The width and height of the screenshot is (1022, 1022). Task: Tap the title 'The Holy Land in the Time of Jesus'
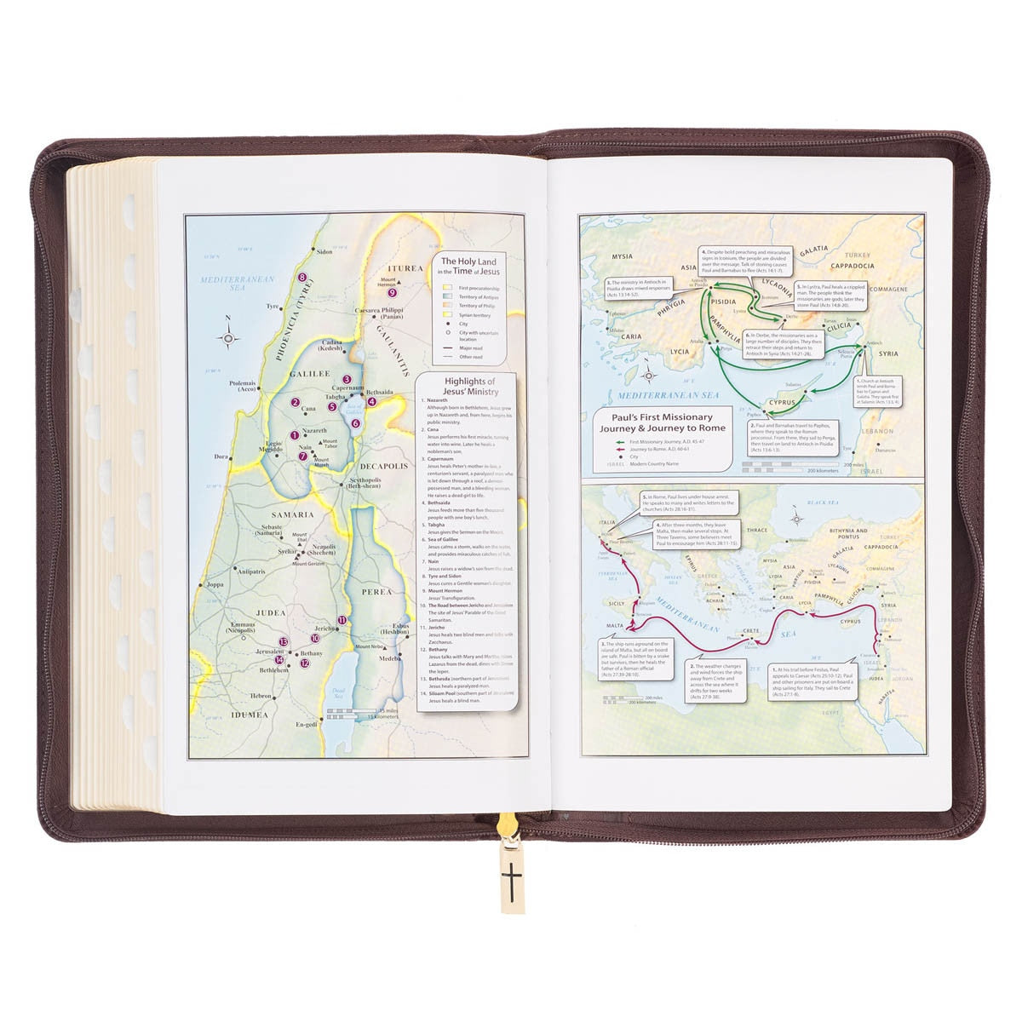[468, 265]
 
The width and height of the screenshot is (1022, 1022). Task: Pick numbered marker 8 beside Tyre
[301, 278]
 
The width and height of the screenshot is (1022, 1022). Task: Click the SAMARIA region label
[292, 514]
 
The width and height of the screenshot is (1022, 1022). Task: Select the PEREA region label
[376, 591]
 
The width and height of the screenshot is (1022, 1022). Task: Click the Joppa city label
[214, 585]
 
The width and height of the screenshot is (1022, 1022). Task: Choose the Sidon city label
[324, 252]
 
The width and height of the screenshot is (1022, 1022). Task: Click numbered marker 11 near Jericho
[342, 620]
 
